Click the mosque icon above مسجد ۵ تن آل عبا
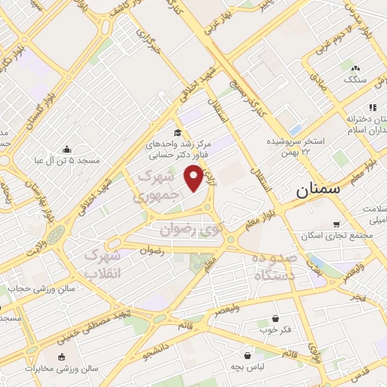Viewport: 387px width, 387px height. tap(66, 148)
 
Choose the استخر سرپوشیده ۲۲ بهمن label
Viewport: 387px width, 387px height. tap(295, 147)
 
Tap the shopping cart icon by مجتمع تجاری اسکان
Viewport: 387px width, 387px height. tap(336, 224)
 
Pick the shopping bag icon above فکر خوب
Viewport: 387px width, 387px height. tap(275, 318)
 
